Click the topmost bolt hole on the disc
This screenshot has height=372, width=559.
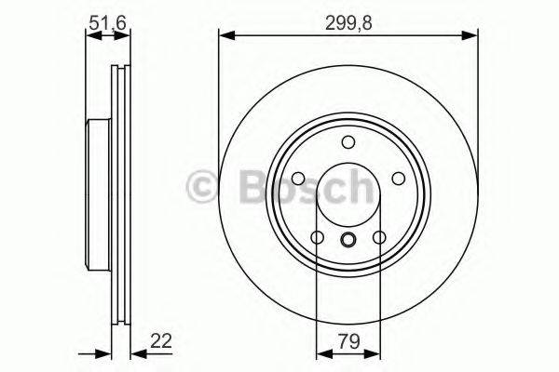348,141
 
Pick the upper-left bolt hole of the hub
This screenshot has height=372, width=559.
298,179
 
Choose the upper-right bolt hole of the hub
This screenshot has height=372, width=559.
399,179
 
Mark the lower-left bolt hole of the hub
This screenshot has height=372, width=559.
318,238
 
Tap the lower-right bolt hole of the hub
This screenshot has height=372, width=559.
379,238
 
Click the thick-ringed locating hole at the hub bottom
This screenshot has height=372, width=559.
348,242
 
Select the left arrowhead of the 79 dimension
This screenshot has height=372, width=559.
322,352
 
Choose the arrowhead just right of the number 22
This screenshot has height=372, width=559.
133,352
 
